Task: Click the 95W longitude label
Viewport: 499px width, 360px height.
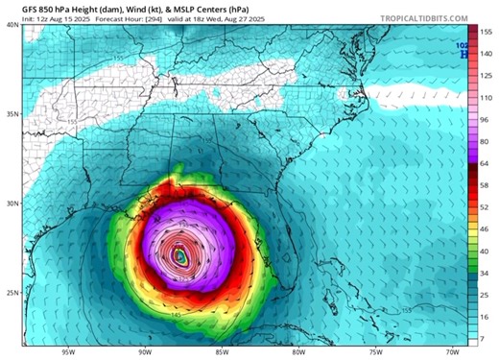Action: [x=66, y=352]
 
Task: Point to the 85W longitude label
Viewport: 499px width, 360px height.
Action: [x=221, y=352]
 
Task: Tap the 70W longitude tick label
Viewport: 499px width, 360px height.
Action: [x=452, y=352]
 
